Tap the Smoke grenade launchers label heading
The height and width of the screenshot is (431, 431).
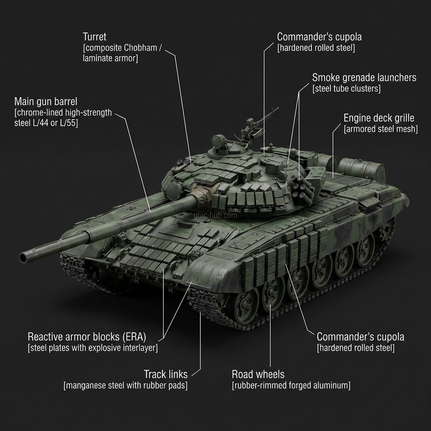(364, 77)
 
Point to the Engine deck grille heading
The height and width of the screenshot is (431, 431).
(379, 118)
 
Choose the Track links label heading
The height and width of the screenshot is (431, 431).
(165, 374)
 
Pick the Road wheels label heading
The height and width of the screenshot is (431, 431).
(258, 374)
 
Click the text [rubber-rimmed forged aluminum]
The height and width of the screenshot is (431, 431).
(291, 386)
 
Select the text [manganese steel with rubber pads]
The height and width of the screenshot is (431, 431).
(125, 386)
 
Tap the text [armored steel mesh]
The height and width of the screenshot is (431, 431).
(381, 129)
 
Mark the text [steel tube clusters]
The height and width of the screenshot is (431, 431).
(346, 89)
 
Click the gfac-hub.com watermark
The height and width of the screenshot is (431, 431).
(215, 215)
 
